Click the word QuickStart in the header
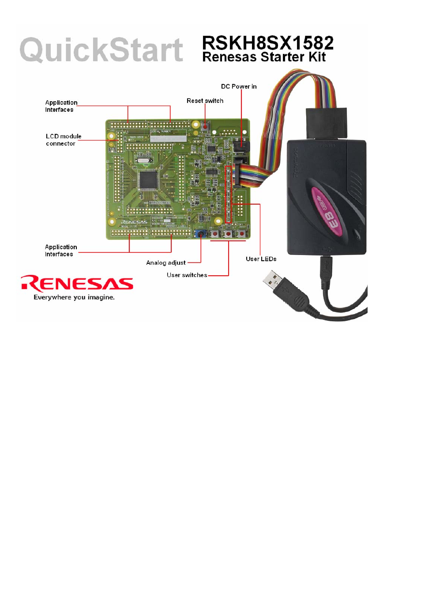[101, 50]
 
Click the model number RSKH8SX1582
[267, 43]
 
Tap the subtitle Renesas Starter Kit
[264, 57]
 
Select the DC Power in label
[239, 87]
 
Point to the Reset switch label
[205, 101]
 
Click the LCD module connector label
[63, 140]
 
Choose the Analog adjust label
[165, 262]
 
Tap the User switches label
[187, 275]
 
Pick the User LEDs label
[261, 259]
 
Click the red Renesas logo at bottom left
[77, 283]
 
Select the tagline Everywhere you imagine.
[74, 297]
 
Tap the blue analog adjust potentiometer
[201, 233]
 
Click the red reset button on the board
[205, 126]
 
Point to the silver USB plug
[272, 280]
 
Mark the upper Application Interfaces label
[61, 106]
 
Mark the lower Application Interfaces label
[61, 251]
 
